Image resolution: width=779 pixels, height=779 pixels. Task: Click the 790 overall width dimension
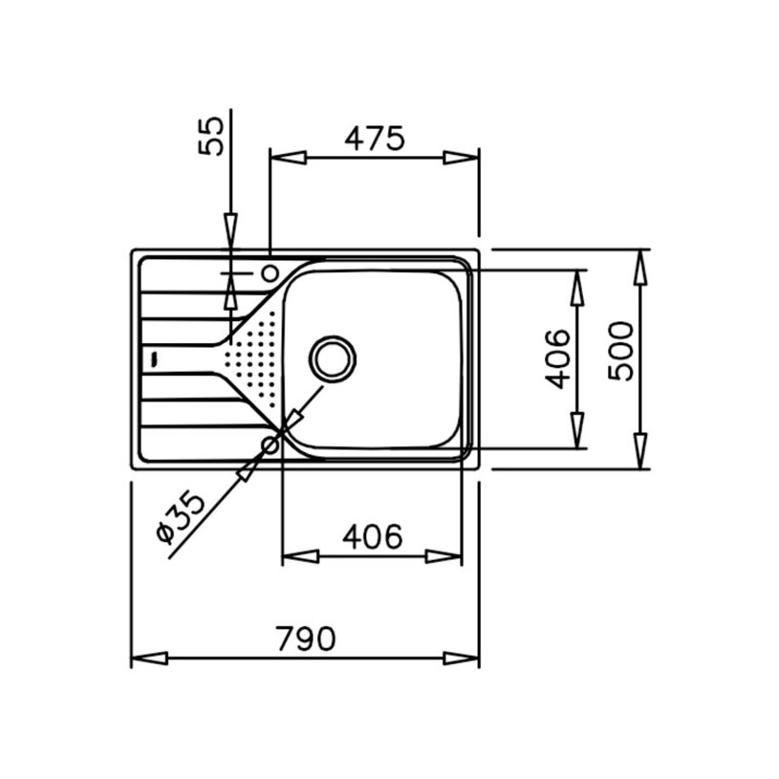click(x=307, y=638)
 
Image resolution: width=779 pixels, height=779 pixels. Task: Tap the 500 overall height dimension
click(x=621, y=351)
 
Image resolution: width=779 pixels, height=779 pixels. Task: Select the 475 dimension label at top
click(x=375, y=138)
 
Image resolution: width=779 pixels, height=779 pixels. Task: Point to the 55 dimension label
click(x=211, y=136)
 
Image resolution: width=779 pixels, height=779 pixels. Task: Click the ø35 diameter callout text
click(x=180, y=517)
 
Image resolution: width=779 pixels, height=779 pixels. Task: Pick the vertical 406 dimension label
click(x=557, y=357)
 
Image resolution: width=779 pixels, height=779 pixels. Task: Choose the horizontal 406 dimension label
click(x=372, y=536)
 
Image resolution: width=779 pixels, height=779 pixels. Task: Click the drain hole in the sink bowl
click(x=333, y=359)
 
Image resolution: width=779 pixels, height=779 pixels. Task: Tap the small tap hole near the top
click(x=270, y=272)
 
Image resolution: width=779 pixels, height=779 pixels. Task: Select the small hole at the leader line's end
click(x=270, y=444)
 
